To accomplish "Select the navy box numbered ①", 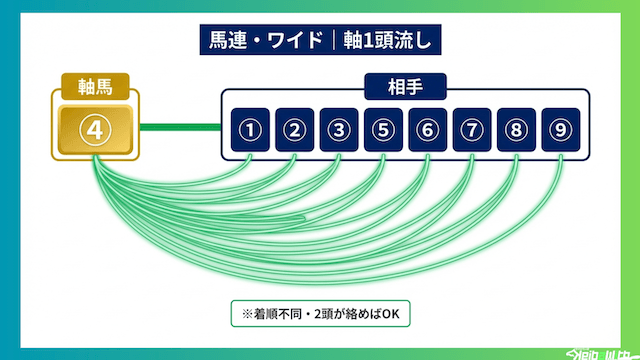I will pos(250,129).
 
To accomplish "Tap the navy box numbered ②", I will pos(294,129).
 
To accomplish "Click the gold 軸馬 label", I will pos(96,85).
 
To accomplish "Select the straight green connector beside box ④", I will pos(180,127).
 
